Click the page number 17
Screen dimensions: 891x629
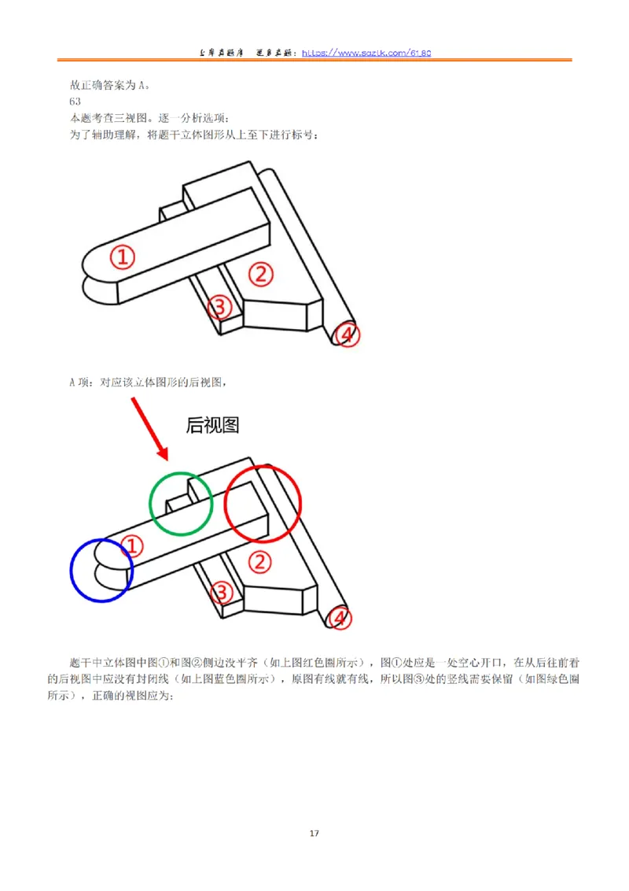tap(314, 834)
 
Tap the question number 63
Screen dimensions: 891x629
tap(75, 102)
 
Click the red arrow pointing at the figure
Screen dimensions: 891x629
tap(149, 428)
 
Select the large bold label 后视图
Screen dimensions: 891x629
tap(212, 426)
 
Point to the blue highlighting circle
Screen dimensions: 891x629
tap(101, 570)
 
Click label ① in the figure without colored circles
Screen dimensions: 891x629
tap(122, 256)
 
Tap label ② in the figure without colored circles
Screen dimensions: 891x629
tap(260, 274)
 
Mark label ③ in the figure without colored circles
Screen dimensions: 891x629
tap(220, 306)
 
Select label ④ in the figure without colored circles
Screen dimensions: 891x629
tap(346, 335)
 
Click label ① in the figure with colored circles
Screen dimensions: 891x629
tap(134, 545)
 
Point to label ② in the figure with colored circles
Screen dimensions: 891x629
tap(260, 561)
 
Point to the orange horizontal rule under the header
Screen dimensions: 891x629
tap(314, 61)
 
